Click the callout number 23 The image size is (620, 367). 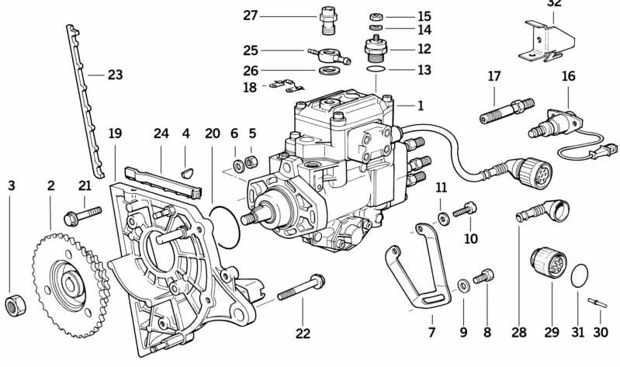tap(114, 75)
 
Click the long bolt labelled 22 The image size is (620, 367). tap(302, 290)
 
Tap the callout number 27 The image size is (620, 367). tap(251, 16)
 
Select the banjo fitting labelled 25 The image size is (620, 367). tap(330, 56)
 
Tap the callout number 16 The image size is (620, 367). tap(569, 76)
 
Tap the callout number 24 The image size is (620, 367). tap(161, 133)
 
